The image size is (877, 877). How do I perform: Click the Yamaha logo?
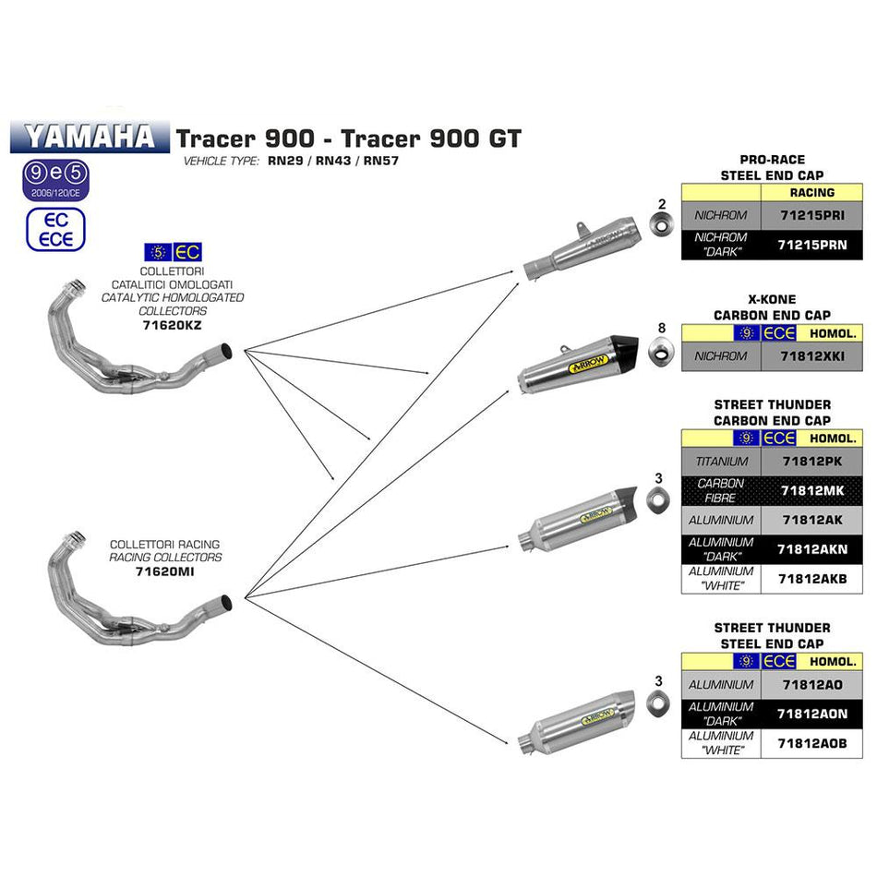coord(90,137)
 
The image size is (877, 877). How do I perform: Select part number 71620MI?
coord(165,571)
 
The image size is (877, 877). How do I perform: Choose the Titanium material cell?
coord(721,461)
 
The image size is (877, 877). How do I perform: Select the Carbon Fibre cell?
coord(721,490)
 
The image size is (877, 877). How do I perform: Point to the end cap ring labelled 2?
coord(660,225)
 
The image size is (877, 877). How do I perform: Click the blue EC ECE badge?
coord(55,230)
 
